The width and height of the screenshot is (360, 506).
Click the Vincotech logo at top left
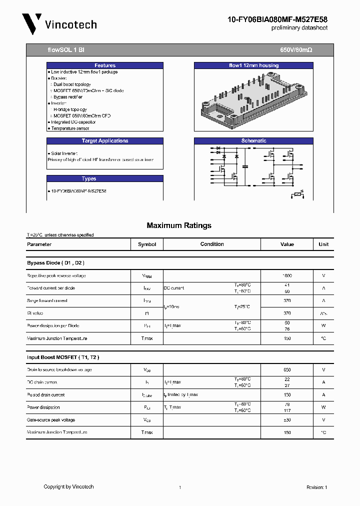coord(59,24)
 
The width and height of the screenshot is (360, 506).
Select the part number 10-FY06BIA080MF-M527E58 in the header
coord(277,19)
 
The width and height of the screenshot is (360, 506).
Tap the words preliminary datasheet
coord(299,28)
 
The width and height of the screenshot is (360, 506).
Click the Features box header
coord(105,65)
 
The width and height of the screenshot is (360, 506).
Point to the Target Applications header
coord(105,141)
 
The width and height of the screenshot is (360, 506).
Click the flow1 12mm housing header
coord(253,65)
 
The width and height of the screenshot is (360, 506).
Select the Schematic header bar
coord(253,141)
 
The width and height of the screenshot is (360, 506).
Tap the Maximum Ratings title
coord(179,225)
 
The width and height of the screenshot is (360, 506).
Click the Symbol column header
coord(147,244)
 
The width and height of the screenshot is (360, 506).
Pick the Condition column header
coord(212,244)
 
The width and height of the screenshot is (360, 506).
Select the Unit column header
coord(323,244)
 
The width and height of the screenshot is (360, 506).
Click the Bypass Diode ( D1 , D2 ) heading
coord(55,262)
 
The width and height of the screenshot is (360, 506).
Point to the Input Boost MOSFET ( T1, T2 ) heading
coord(63,357)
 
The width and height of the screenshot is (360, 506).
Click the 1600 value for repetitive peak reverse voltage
coord(287,275)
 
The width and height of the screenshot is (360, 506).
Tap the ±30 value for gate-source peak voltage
coord(287,420)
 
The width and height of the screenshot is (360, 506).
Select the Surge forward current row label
coord(47,301)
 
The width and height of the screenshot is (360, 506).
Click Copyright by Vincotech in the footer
coord(68,486)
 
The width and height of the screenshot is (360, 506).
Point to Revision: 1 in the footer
coord(316,487)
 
